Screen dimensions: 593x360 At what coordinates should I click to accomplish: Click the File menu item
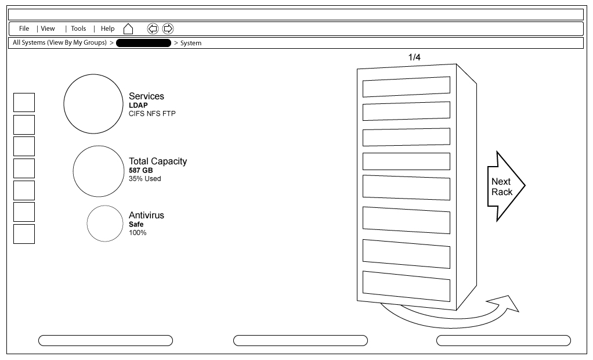click(x=24, y=28)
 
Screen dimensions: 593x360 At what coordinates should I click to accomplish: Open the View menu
click(x=48, y=28)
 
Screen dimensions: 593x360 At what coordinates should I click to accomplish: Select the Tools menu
click(x=78, y=28)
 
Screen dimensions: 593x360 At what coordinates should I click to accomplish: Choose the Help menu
click(x=107, y=28)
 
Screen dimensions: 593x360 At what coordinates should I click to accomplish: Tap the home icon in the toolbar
click(x=128, y=29)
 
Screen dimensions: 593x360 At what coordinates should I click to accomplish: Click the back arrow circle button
click(x=153, y=29)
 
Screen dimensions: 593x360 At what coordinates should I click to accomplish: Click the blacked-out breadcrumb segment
click(x=143, y=43)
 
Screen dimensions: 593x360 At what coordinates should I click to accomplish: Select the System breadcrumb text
click(x=190, y=43)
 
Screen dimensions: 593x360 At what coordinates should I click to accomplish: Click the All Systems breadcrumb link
click(x=60, y=43)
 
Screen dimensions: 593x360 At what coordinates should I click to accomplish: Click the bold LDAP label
click(x=138, y=105)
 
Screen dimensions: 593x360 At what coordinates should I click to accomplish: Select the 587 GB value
click(x=140, y=170)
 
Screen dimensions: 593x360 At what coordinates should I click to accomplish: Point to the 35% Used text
click(x=145, y=179)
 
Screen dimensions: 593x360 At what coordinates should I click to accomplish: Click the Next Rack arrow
click(x=506, y=186)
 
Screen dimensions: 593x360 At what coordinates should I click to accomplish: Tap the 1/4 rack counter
click(x=414, y=57)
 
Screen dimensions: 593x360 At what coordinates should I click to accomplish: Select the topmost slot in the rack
click(x=406, y=87)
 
